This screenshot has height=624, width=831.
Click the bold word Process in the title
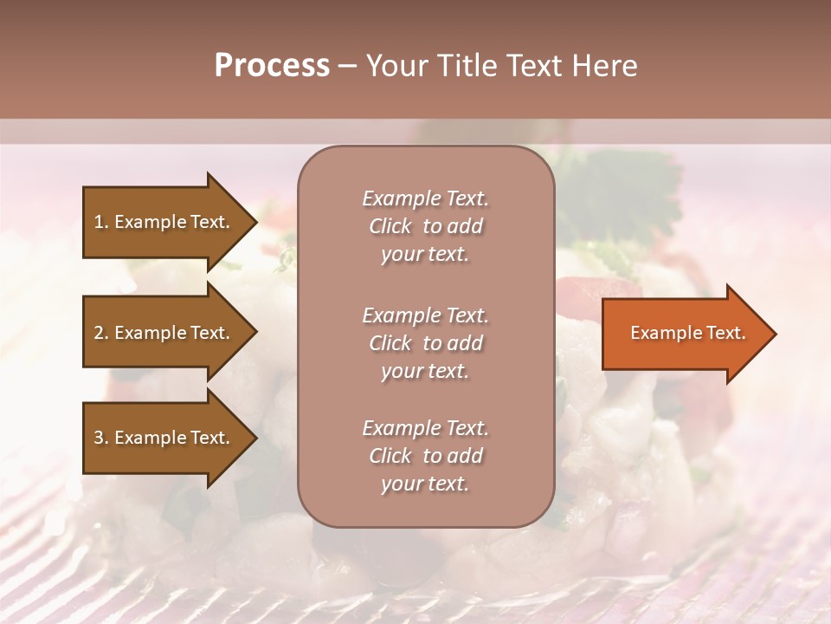pyautogui.click(x=272, y=66)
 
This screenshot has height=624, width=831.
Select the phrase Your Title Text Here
pyautogui.click(x=501, y=66)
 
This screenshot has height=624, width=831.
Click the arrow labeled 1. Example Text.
pyautogui.click(x=163, y=222)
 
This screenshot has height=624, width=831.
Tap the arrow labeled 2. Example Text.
pyautogui.click(x=163, y=333)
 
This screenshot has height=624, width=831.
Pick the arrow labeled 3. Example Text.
pyautogui.click(x=163, y=438)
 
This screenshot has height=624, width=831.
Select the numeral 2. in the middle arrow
pyautogui.click(x=101, y=333)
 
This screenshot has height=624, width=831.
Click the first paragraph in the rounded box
pyautogui.click(x=425, y=226)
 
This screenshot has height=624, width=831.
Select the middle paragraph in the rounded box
pyautogui.click(x=425, y=343)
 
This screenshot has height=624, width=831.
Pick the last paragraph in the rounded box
pyautogui.click(x=425, y=456)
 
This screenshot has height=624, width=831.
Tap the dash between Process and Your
pyautogui.click(x=347, y=66)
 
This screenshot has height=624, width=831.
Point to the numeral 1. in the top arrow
pyautogui.click(x=101, y=222)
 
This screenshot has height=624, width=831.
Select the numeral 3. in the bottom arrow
pyautogui.click(x=101, y=438)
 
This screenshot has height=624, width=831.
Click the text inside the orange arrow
pyautogui.click(x=687, y=333)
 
